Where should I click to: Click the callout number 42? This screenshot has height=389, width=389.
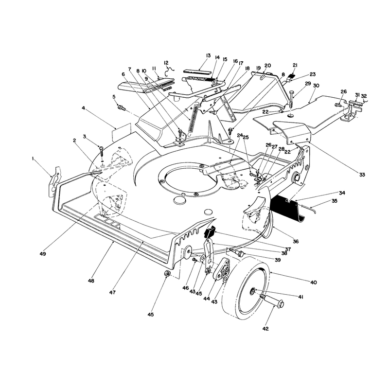(x=265, y=329)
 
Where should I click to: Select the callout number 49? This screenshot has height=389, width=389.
(x=43, y=254)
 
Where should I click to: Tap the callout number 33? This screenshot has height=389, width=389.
(x=362, y=175)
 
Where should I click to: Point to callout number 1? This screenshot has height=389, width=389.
(x=33, y=159)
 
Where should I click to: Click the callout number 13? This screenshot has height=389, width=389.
(x=208, y=55)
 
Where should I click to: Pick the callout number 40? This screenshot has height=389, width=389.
(x=313, y=283)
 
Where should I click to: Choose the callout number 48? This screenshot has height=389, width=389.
(x=91, y=281)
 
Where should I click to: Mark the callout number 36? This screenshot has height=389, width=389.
(x=296, y=241)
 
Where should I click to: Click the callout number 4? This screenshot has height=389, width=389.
(x=83, y=108)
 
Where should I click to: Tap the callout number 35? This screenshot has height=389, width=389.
(x=334, y=201)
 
